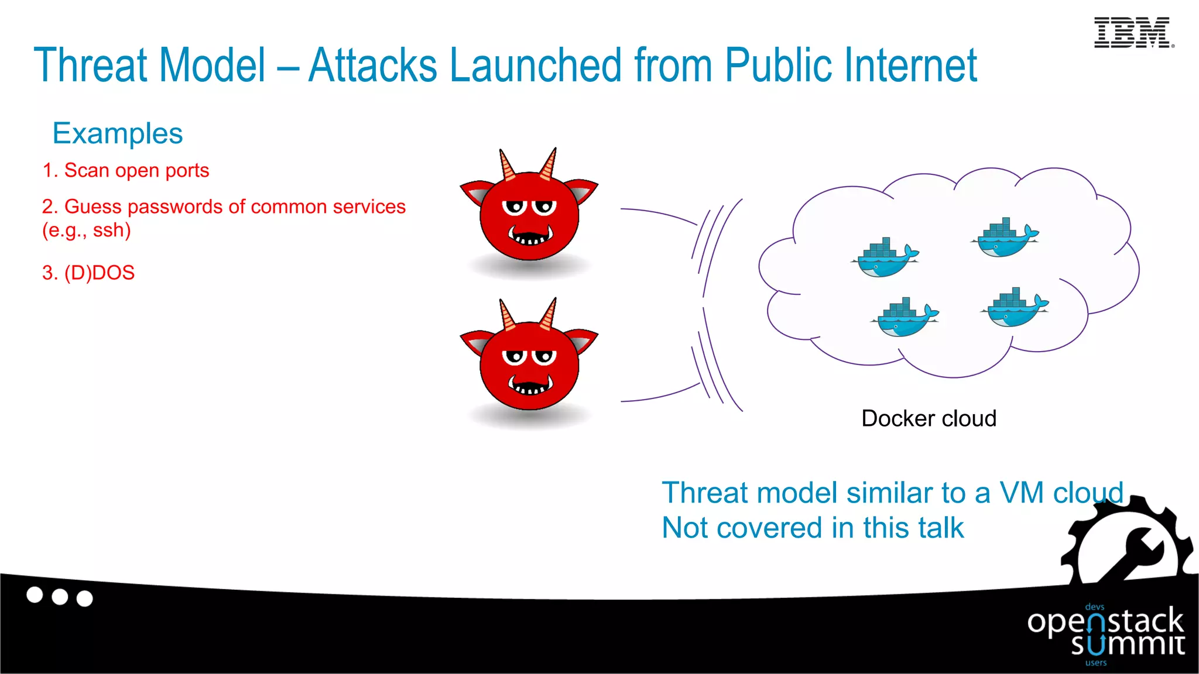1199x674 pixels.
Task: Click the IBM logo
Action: pyautogui.click(x=1133, y=33)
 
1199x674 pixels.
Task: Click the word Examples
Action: pyautogui.click(x=118, y=133)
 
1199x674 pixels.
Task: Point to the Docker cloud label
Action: pyautogui.click(x=929, y=418)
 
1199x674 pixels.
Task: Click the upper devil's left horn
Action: pyautogui.click(x=506, y=164)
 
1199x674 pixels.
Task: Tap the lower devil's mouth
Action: pyautogui.click(x=530, y=386)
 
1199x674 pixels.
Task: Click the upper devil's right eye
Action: pyautogui.click(x=545, y=207)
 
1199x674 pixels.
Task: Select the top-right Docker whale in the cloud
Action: pyautogui.click(x=1005, y=239)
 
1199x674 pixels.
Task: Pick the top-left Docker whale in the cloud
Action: pyautogui.click(x=885, y=258)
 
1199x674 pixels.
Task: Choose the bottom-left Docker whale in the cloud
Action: pyautogui.click(x=905, y=318)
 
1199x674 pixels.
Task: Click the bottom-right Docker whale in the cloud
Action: pyautogui.click(x=1015, y=308)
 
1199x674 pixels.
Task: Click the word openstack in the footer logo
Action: pyautogui.click(x=1105, y=621)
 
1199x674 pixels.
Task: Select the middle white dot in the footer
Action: pyautogui.click(x=60, y=597)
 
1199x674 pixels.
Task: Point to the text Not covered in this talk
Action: pyautogui.click(x=812, y=528)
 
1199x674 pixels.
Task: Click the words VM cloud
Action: pyautogui.click(x=1061, y=493)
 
